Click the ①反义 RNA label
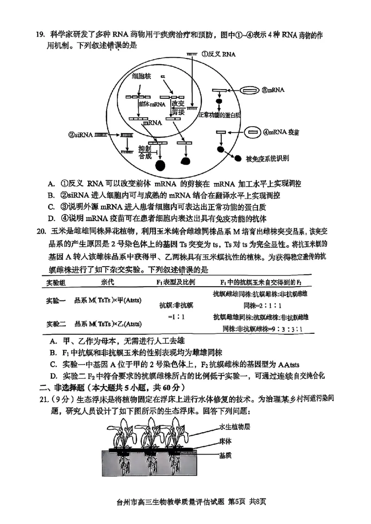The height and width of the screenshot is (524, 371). click(218, 54)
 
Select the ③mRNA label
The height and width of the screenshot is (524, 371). click(274, 90)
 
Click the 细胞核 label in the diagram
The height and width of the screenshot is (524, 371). click(141, 77)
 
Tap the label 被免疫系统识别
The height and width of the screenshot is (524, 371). click(267, 159)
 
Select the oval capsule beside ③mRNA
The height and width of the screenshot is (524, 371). click(250, 90)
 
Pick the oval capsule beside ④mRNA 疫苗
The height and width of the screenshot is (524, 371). click(253, 133)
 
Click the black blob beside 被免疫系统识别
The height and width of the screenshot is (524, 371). click(238, 158)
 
